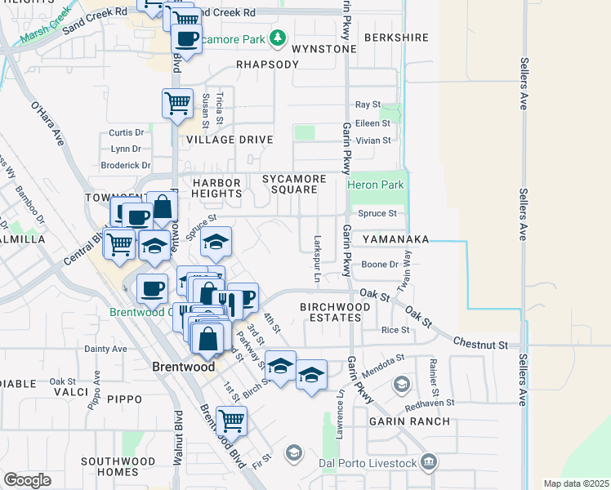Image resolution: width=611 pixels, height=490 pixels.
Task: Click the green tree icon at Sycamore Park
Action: tap(278, 38)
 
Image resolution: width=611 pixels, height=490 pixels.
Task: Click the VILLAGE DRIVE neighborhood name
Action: tap(229, 140)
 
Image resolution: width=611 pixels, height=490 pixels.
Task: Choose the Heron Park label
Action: tap(376, 185)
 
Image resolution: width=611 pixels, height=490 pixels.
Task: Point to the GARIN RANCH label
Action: tap(409, 421)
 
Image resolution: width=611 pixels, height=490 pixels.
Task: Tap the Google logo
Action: tap(27, 479)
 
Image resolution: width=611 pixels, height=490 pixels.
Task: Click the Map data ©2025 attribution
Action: tap(576, 483)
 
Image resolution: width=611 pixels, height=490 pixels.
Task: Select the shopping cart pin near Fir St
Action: tap(232, 421)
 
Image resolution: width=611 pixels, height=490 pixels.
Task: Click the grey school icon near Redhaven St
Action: tap(402, 383)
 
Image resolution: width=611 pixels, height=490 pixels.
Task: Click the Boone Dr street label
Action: tap(380, 265)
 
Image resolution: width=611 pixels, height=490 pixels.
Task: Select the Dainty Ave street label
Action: tap(106, 349)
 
